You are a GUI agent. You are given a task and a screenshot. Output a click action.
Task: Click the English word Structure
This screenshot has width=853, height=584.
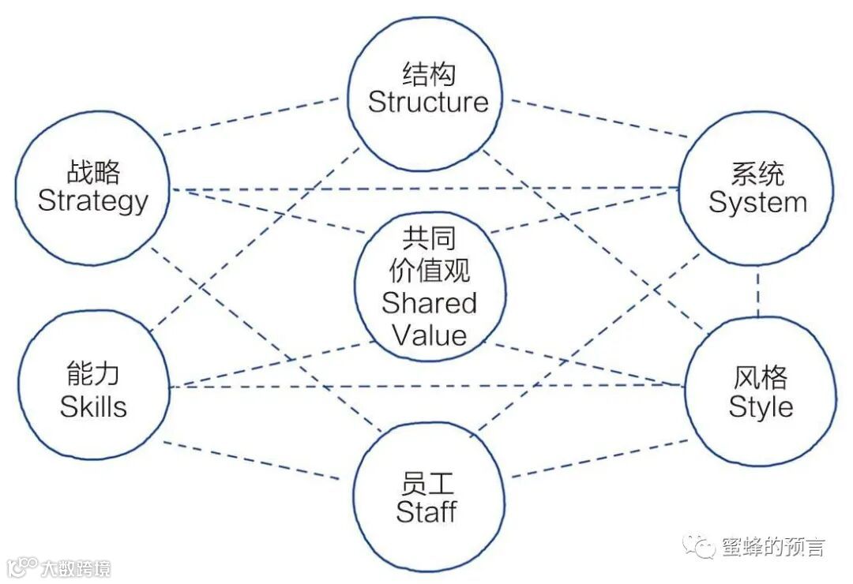tap(428, 102)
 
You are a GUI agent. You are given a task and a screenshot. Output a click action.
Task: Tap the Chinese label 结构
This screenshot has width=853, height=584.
tap(429, 75)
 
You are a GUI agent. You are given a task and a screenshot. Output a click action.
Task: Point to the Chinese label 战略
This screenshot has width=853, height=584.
tap(93, 172)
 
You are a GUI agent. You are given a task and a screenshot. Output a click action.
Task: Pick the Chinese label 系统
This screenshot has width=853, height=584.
tap(757, 174)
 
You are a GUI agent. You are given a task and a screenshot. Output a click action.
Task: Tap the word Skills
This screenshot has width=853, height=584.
tap(93, 406)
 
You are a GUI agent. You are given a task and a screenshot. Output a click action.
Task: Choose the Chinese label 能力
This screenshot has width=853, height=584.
tap(93, 377)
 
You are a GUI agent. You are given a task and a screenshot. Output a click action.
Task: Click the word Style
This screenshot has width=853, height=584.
tap(761, 406)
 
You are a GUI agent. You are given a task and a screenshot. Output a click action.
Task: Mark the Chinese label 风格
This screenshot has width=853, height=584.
tap(761, 378)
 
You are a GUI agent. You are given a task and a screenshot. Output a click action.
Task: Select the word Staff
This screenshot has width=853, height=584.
tap(426, 511)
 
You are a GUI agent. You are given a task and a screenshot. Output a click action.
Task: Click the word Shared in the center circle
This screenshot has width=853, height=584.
tap(430, 303)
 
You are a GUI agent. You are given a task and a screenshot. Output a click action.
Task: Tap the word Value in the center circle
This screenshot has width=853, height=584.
tap(430, 335)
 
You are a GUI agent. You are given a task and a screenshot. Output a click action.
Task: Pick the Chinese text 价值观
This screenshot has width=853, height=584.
tap(430, 271)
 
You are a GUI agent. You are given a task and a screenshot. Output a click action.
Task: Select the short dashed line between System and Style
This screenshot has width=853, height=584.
tap(759, 291)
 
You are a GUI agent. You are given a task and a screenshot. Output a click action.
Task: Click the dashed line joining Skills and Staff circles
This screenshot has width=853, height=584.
tap(253, 460)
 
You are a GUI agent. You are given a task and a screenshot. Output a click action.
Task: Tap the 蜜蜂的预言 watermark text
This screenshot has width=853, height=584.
tap(772, 547)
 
